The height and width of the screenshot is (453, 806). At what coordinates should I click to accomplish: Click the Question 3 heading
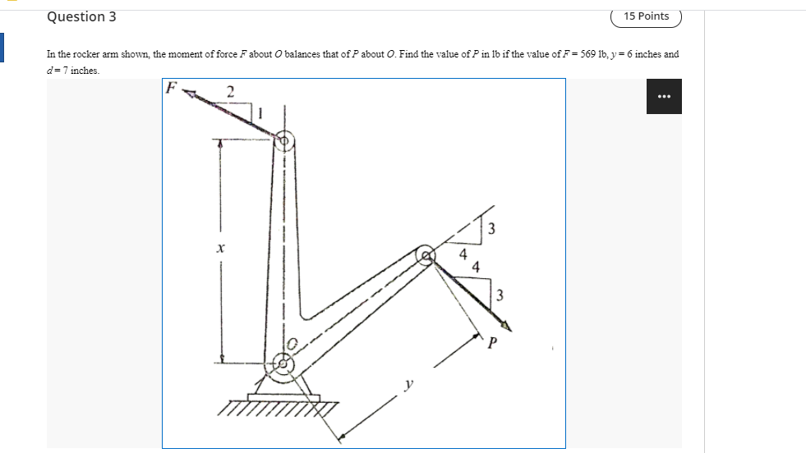(x=81, y=16)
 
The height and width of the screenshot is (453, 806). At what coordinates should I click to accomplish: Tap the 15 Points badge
(x=646, y=16)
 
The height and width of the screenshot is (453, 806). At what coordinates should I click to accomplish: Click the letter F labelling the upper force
(x=171, y=87)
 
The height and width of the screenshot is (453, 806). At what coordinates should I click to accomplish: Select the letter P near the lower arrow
(x=493, y=342)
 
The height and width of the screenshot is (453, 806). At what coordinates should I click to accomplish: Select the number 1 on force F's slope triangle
(x=261, y=113)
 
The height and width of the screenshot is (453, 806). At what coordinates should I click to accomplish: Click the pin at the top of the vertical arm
(x=285, y=141)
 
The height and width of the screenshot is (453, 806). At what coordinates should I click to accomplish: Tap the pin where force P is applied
(x=425, y=256)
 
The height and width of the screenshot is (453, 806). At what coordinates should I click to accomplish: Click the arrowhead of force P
(x=506, y=326)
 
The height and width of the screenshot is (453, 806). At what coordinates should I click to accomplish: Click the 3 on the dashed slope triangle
(x=491, y=229)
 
